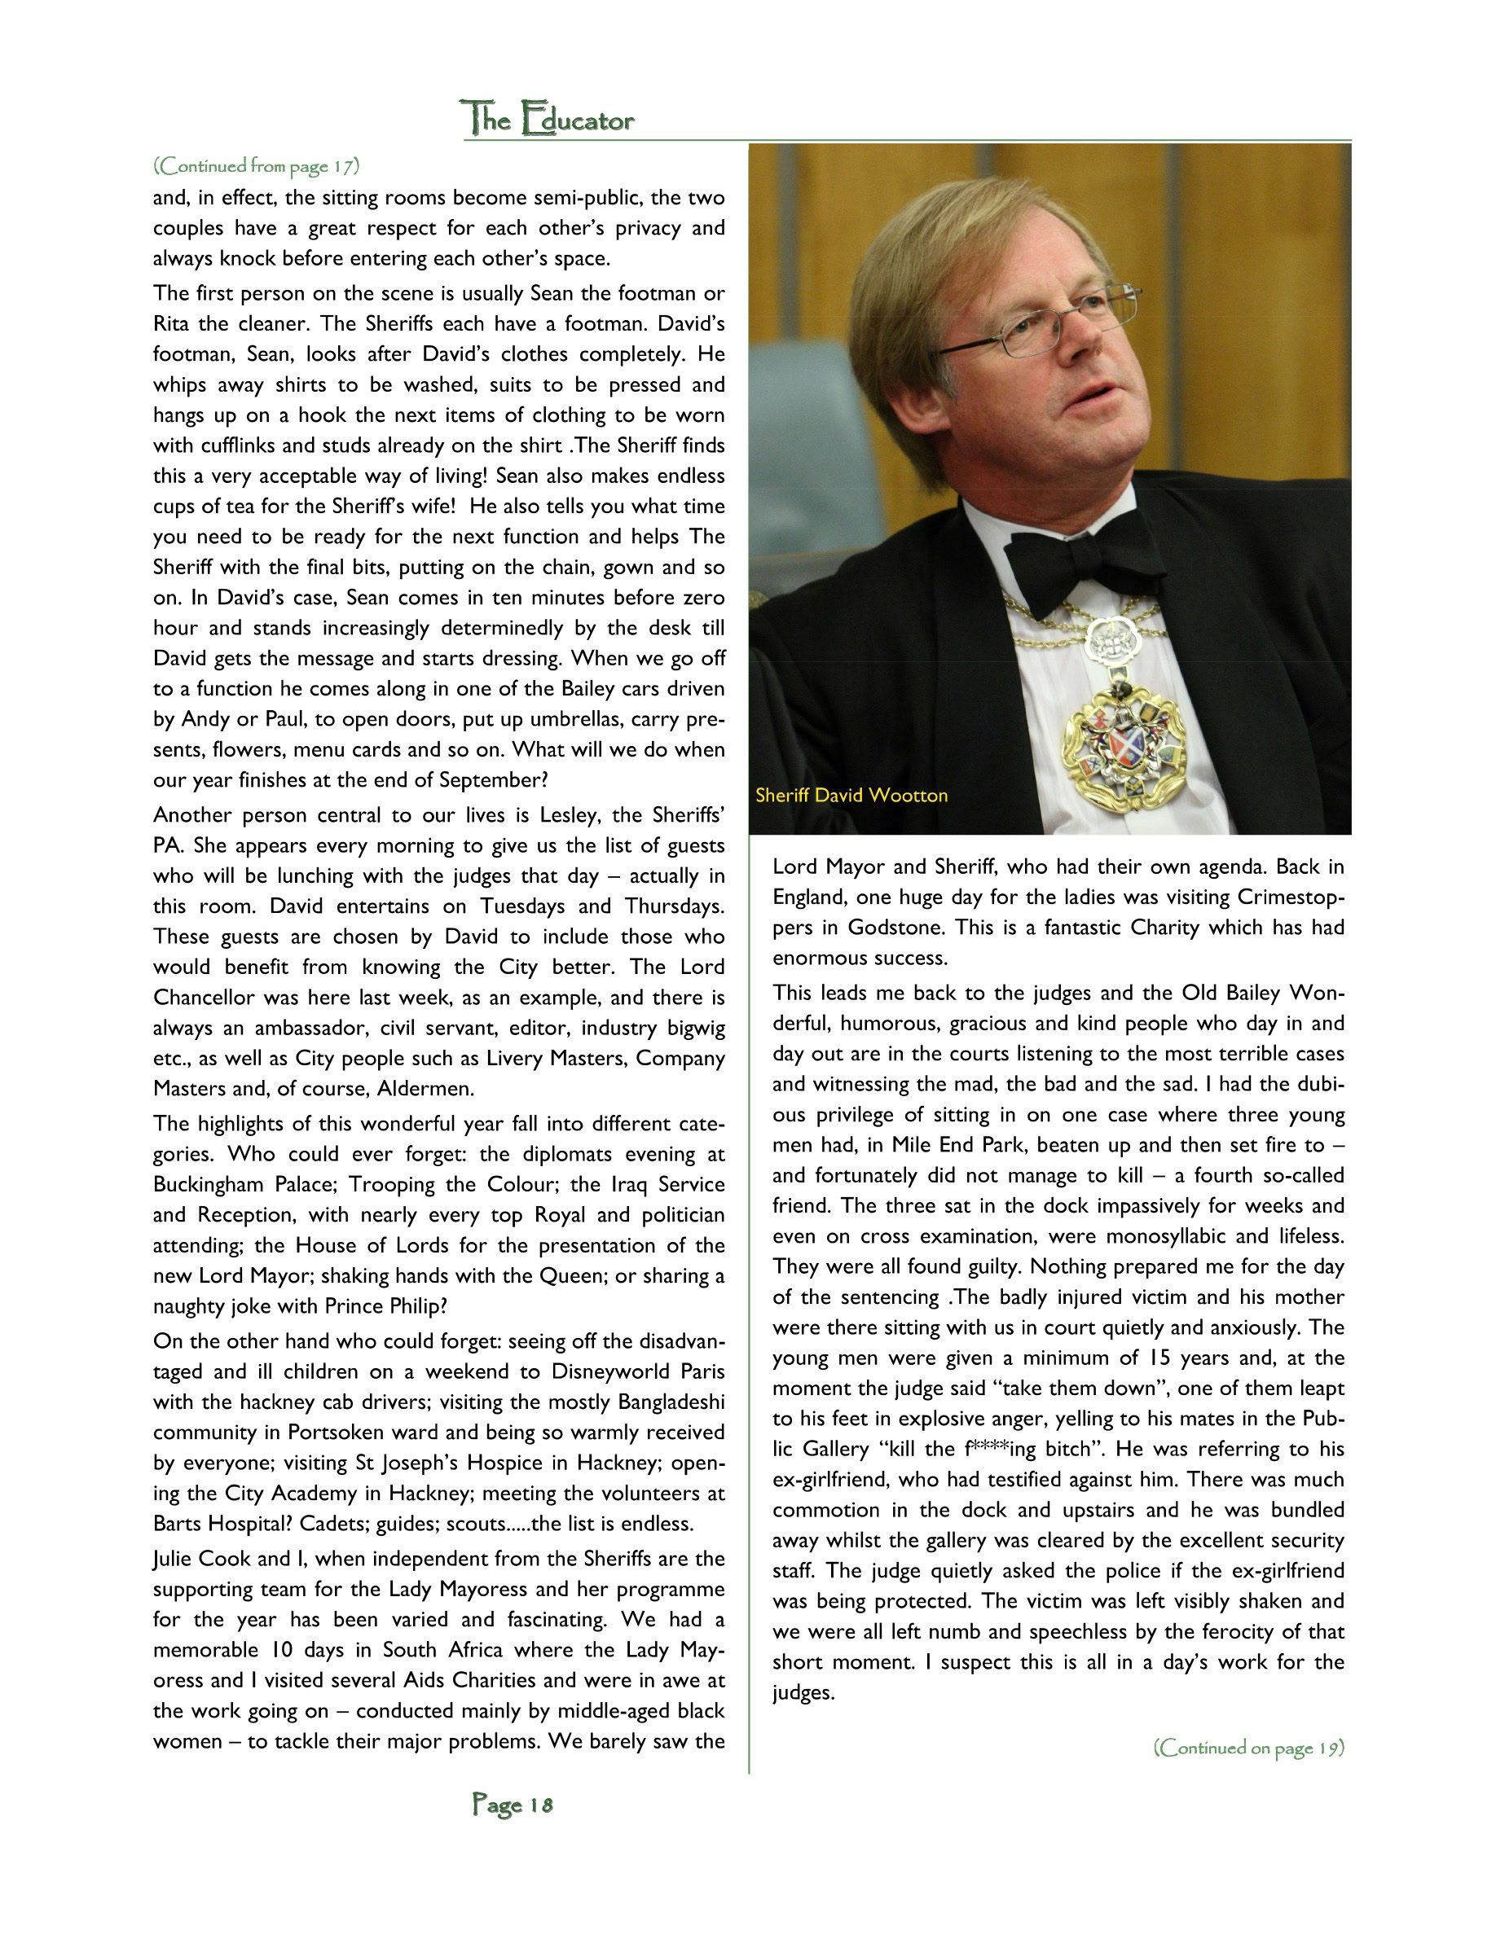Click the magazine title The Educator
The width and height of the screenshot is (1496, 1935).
pos(548,119)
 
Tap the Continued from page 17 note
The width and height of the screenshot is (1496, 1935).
pos(256,165)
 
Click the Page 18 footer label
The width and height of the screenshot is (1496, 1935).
pos(513,1804)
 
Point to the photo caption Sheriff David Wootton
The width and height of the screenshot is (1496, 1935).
pos(851,795)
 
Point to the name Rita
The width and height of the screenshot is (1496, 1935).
pos(171,323)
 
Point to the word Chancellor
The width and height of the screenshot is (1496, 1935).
pos(209,998)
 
